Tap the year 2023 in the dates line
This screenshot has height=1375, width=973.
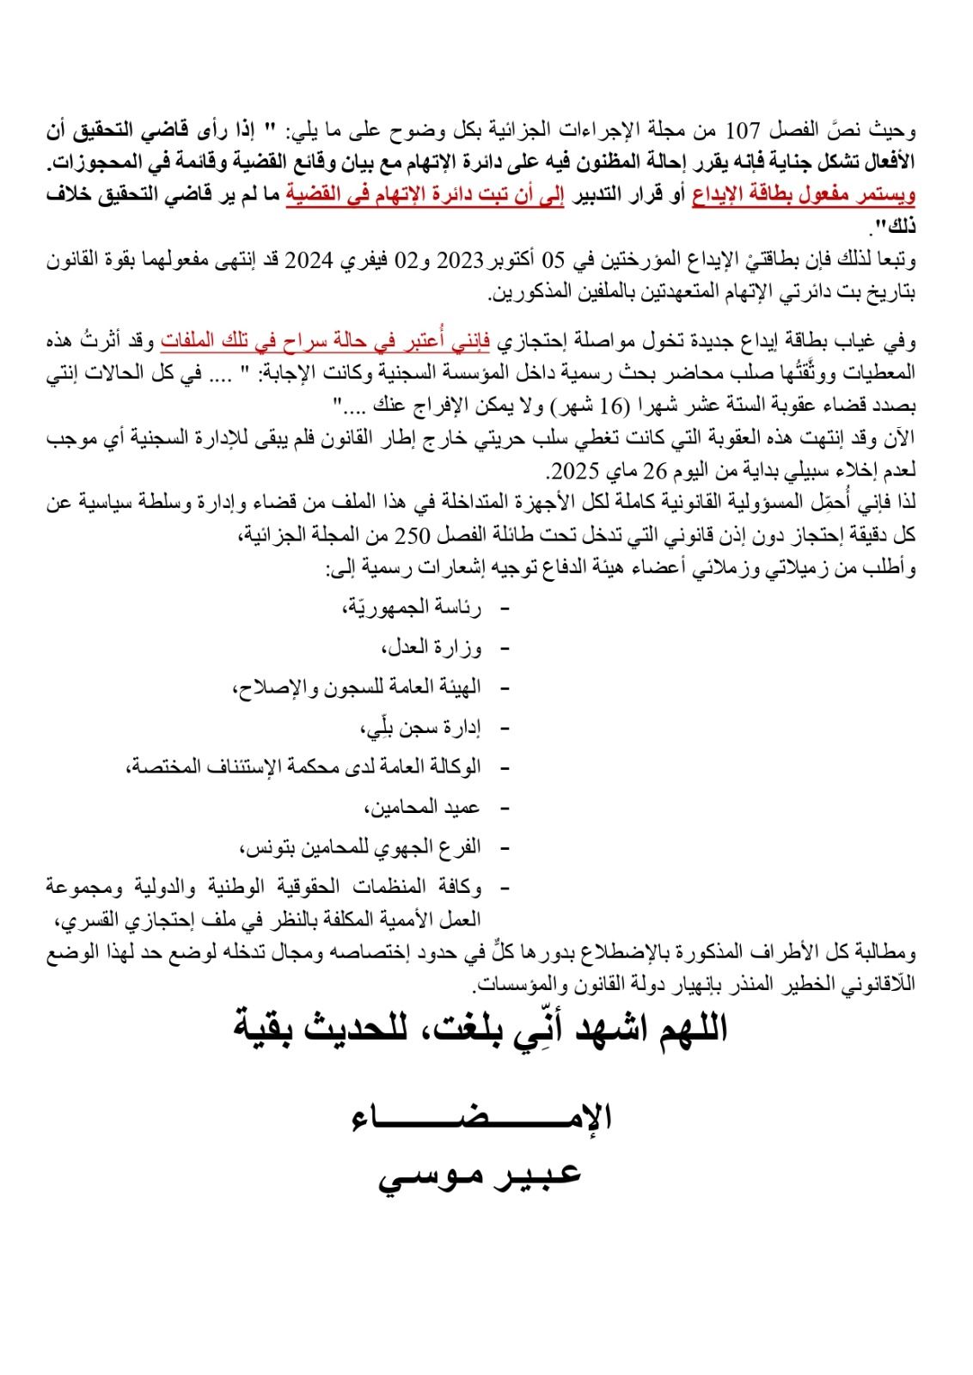point(462,260)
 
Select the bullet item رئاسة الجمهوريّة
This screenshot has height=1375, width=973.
point(412,608)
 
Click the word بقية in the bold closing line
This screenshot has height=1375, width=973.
point(268,1027)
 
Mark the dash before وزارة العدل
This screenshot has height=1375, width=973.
point(504,649)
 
